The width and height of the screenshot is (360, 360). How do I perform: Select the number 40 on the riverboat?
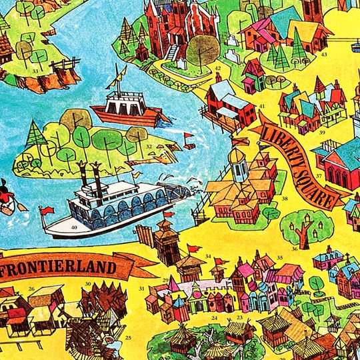tap(74, 227)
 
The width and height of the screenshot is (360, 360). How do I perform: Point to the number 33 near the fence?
tap(34, 70)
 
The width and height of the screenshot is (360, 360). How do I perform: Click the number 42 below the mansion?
tap(218, 68)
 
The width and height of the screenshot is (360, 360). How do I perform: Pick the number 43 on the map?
tap(324, 55)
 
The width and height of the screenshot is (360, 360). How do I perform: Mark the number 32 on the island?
tap(149, 146)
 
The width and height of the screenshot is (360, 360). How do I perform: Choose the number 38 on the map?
tap(285, 198)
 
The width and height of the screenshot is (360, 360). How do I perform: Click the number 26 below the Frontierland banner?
tap(31, 289)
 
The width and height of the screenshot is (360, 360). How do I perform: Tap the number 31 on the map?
tap(141, 289)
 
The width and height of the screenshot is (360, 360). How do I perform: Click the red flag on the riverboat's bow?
tap(46, 210)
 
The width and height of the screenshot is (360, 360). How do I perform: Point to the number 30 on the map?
tap(88, 284)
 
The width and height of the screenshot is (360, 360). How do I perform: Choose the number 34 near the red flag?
tap(208, 256)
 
